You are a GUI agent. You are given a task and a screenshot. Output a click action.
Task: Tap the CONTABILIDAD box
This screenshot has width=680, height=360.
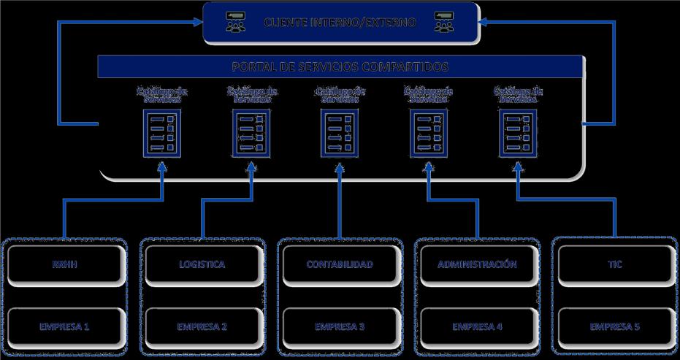pyautogui.click(x=340, y=264)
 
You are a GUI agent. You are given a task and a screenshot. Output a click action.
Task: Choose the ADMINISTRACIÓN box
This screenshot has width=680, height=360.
pyautogui.click(x=477, y=264)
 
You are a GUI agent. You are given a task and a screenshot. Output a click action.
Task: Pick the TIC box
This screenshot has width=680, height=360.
pyautogui.click(x=614, y=264)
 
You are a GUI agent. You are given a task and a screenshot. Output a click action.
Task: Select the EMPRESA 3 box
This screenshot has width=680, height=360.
pyautogui.click(x=340, y=326)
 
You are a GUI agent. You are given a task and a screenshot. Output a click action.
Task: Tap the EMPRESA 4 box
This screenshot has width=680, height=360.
pyautogui.click(x=477, y=326)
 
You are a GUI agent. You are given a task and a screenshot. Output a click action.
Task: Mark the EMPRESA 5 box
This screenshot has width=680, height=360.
pyautogui.click(x=614, y=326)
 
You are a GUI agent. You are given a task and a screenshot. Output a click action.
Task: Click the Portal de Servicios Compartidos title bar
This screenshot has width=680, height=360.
pyautogui.click(x=340, y=66)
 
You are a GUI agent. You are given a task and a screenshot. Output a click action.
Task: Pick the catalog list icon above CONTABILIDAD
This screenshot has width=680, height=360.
pyautogui.click(x=340, y=132)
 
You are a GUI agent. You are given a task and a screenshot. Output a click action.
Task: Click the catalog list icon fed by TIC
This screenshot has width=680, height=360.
pyautogui.click(x=518, y=132)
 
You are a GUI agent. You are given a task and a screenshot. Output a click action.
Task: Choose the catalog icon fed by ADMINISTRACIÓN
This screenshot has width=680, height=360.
pyautogui.click(x=428, y=132)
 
